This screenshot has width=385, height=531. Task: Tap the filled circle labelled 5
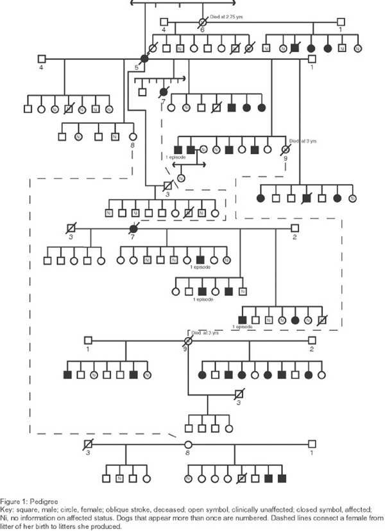144,60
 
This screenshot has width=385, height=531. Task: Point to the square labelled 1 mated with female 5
311,59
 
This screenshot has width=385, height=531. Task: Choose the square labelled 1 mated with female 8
312,444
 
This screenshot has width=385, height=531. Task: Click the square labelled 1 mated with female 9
89,340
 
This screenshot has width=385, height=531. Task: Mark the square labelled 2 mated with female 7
295,228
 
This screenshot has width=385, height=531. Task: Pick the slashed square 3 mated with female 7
71,228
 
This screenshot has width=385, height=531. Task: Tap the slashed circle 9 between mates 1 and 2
189,340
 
